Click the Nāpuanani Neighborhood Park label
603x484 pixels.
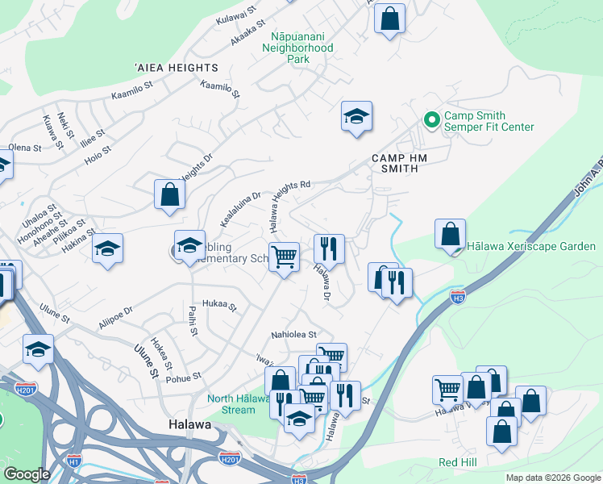(297, 48)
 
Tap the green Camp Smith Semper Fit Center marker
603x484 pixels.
(431, 120)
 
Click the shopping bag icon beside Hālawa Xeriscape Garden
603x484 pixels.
(450, 234)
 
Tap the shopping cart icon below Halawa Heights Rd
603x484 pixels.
(284, 258)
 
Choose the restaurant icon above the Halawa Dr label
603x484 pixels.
(329, 248)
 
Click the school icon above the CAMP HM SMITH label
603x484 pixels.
(356, 117)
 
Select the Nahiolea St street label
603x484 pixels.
(294, 334)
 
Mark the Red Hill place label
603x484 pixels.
(458, 462)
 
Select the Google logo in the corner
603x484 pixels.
(27, 474)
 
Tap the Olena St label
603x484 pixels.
(24, 148)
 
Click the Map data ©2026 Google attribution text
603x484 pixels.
(552, 478)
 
